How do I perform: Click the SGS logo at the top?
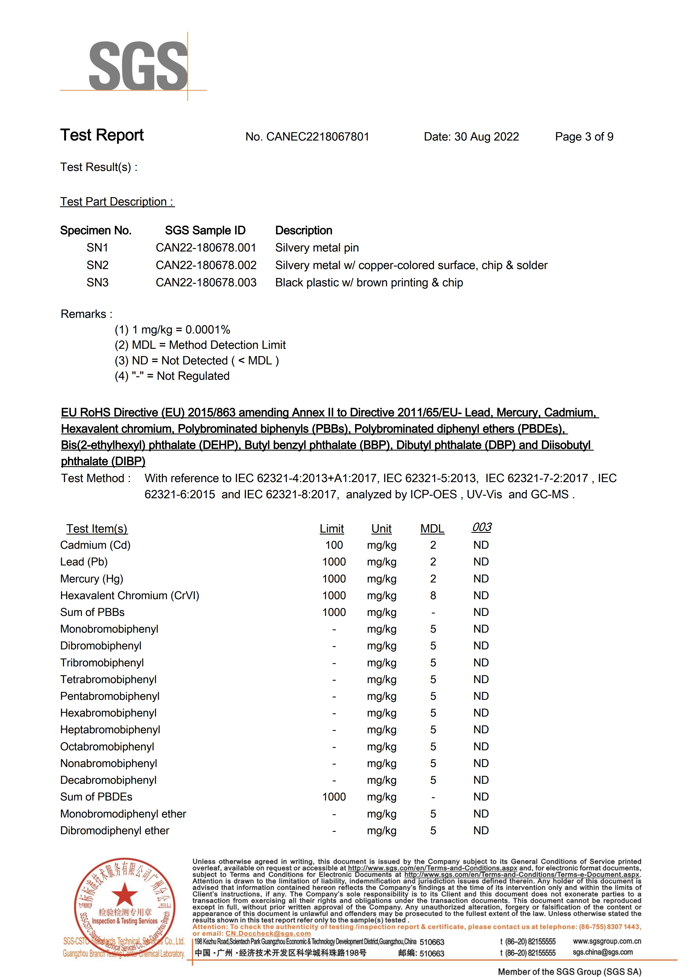tap(138, 66)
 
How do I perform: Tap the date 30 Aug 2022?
tap(486, 137)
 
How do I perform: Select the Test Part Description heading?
tap(117, 202)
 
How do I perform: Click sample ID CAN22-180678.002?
tap(206, 265)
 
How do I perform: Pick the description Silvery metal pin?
tap(317, 248)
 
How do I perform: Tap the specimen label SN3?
tap(98, 282)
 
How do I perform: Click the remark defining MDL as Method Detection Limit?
tap(200, 345)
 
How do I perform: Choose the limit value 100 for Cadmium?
tap(334, 545)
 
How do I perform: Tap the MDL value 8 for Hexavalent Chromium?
tap(433, 595)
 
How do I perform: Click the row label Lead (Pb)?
tap(84, 562)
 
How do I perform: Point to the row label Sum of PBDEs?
tap(96, 797)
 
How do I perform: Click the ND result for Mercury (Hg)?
tap(481, 579)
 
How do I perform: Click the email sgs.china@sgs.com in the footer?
tap(602, 952)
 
